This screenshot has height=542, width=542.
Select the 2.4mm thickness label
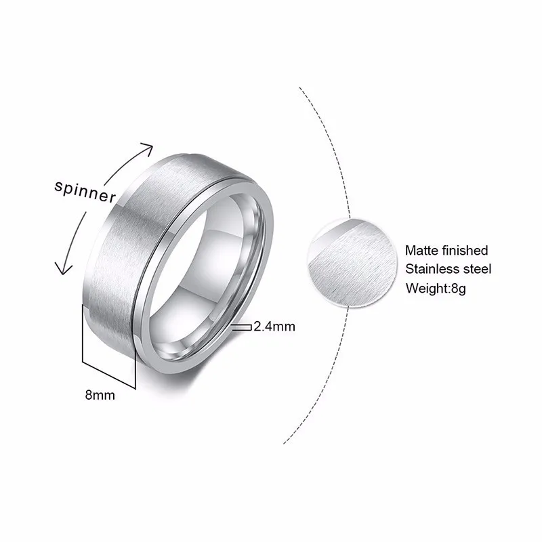point(274,327)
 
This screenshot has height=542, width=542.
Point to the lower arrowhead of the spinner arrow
point(64,270)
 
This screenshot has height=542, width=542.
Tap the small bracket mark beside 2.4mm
point(241,327)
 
